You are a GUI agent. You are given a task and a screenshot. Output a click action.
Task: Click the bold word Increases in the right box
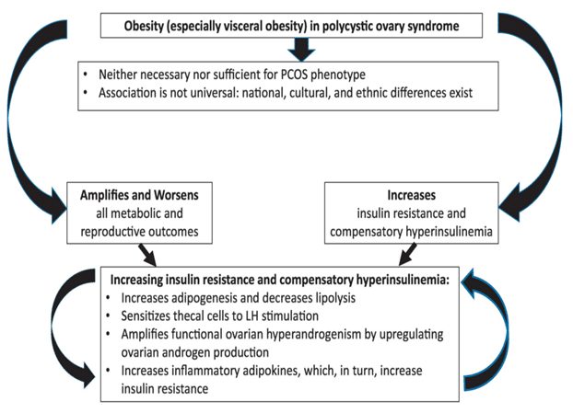pyautogui.click(x=404, y=196)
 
